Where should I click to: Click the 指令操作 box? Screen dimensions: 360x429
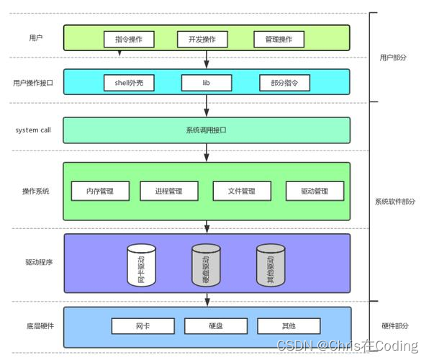point(129,38)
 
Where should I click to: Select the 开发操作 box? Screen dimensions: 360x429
point(202,38)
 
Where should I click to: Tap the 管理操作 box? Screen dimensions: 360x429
point(279,38)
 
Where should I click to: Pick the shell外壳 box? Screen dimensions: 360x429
point(130,83)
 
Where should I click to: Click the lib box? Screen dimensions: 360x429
point(206,83)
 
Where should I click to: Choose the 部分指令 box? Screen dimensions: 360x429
point(284,83)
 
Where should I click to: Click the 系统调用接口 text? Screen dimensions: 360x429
point(207,130)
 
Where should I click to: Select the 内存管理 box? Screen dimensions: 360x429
point(101,191)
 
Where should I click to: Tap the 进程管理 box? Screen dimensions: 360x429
point(168,191)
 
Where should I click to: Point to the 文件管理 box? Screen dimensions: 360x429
point(242,191)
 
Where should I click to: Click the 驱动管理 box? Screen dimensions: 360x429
point(315,191)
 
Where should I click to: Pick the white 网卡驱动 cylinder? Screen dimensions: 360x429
point(141,265)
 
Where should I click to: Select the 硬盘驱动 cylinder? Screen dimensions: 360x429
point(206,265)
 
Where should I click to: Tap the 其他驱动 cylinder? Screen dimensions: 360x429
point(271,265)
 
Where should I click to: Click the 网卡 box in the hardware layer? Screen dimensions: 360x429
point(142,326)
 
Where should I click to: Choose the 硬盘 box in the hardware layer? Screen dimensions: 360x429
point(215,326)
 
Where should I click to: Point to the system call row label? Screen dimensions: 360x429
point(33,130)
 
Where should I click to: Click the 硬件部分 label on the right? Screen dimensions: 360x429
point(395,326)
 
